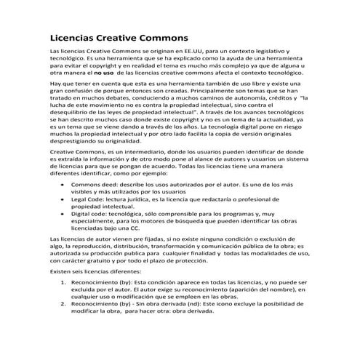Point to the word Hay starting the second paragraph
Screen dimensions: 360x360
click(55, 86)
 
